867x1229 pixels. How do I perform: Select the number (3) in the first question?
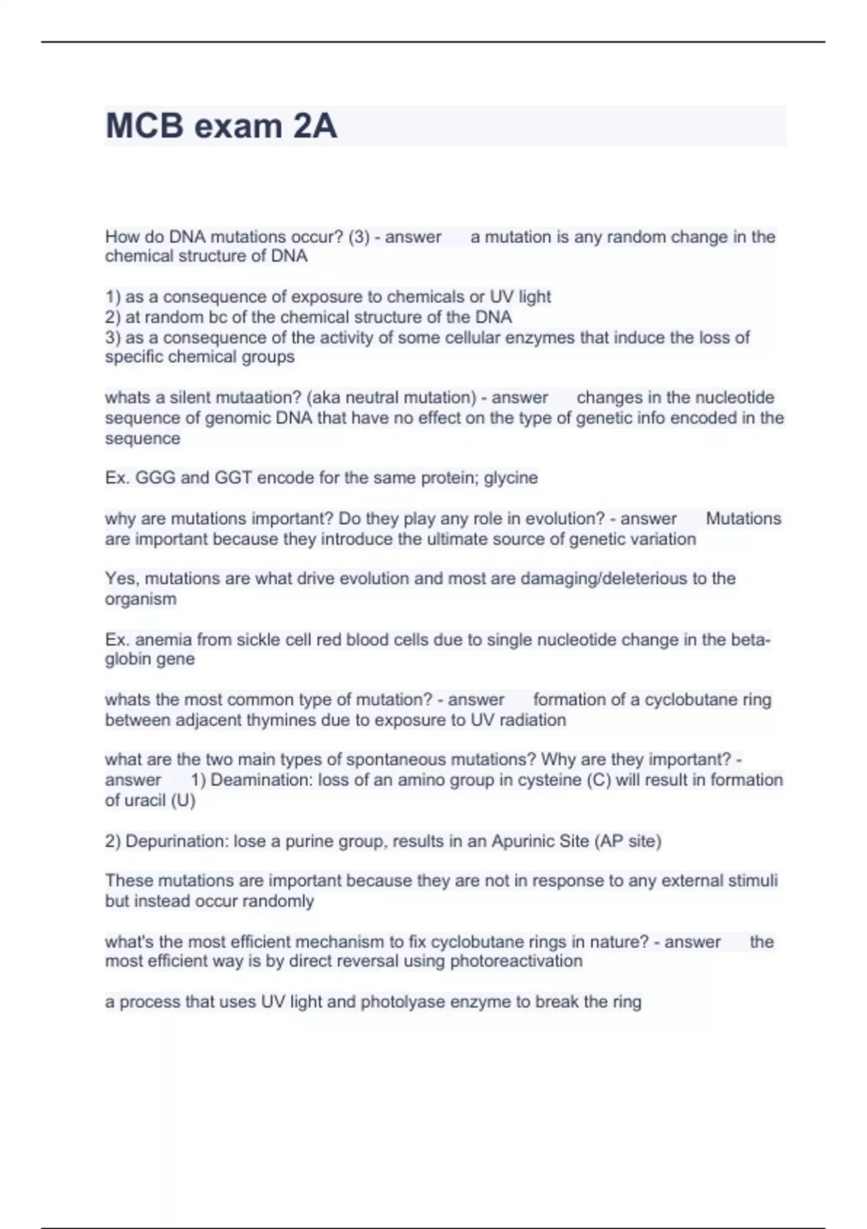359,237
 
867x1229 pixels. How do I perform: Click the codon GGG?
152,478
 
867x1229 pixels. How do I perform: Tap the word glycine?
511,478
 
